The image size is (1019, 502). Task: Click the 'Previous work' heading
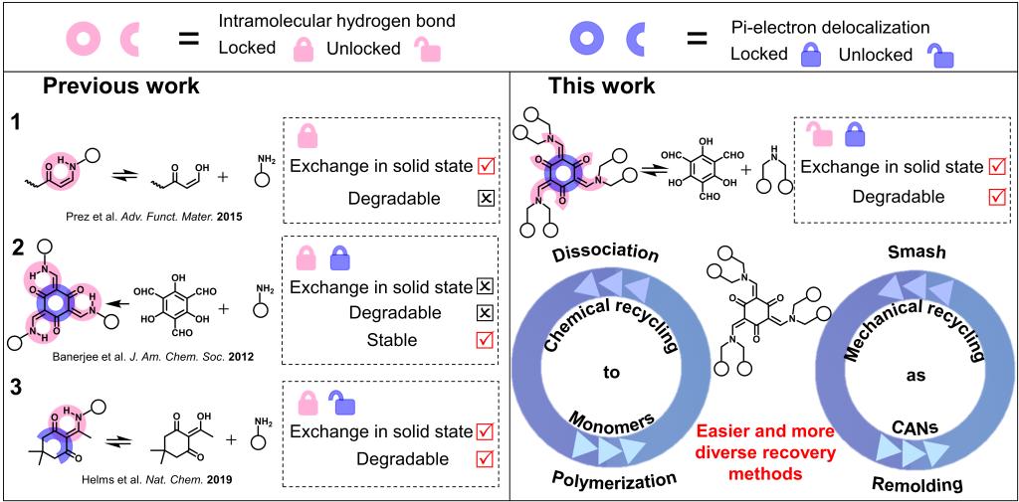click(120, 85)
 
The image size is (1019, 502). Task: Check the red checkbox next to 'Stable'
click(485, 340)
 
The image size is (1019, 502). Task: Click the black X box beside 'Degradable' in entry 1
click(485, 198)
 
